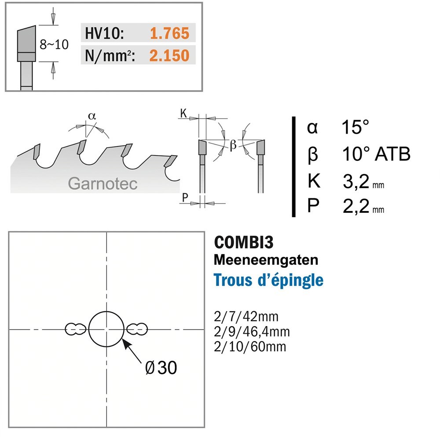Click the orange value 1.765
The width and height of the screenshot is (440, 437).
(169, 33)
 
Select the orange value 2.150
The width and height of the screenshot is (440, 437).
(169, 55)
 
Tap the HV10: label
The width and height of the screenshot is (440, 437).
(104, 33)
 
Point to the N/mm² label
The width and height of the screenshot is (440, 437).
(110, 55)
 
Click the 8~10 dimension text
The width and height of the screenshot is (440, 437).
(54, 44)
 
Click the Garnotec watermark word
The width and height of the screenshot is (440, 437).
(103, 184)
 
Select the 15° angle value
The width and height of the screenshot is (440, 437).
(355, 127)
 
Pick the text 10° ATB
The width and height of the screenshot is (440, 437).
(376, 154)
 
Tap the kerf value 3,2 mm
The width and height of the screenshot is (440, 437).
(363, 182)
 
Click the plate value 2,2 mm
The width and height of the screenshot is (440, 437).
(363, 206)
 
